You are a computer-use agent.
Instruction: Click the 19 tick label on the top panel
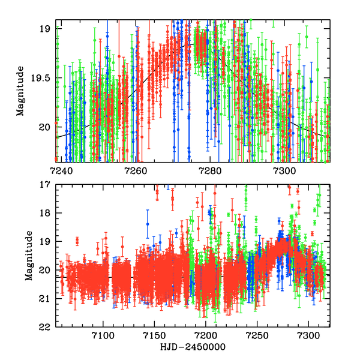tap(45, 29)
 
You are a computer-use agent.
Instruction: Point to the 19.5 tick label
tap(40, 78)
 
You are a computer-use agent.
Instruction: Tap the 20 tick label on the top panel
tap(45, 127)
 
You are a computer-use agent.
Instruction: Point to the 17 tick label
tap(45, 185)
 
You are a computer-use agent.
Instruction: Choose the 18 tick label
tap(45, 213)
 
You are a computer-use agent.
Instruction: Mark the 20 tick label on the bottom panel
tap(45, 270)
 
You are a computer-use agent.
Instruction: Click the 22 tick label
tap(45, 327)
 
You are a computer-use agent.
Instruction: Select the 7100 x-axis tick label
tap(103, 337)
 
